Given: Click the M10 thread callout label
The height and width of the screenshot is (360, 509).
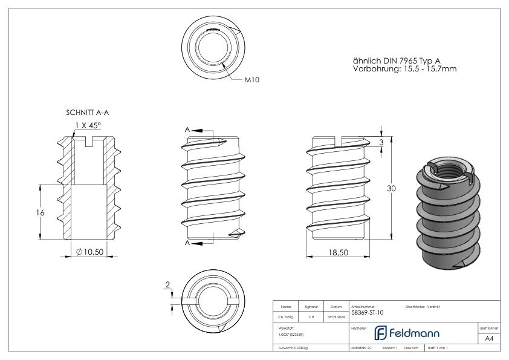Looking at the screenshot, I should coord(253,79).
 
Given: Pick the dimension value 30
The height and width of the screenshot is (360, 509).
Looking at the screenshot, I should coord(391,189).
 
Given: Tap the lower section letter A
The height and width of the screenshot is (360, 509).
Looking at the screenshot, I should coord(188,243).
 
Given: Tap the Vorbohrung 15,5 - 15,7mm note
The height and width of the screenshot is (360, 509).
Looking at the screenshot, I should coord(404,70).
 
